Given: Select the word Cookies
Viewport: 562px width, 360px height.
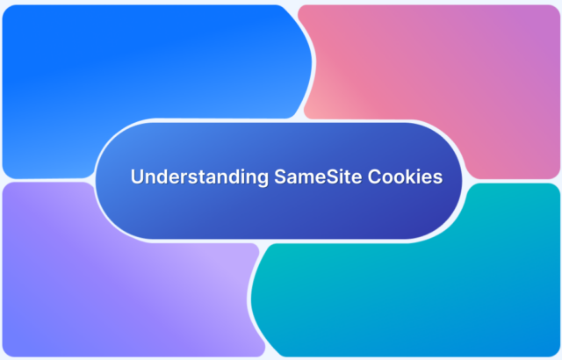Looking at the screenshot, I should point(401,177).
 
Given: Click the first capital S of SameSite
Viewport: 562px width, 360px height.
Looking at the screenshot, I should point(277,177).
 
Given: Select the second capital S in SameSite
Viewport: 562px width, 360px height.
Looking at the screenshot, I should point(321,177).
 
